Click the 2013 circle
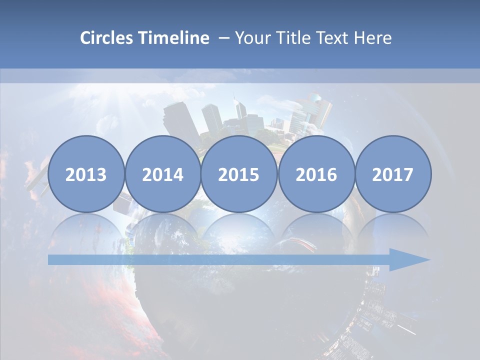(x=86, y=174)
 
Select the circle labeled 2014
(x=163, y=174)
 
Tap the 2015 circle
(x=239, y=174)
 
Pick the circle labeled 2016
(x=316, y=174)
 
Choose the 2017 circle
(x=393, y=174)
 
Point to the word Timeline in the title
(x=174, y=38)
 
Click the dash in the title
(x=223, y=38)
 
